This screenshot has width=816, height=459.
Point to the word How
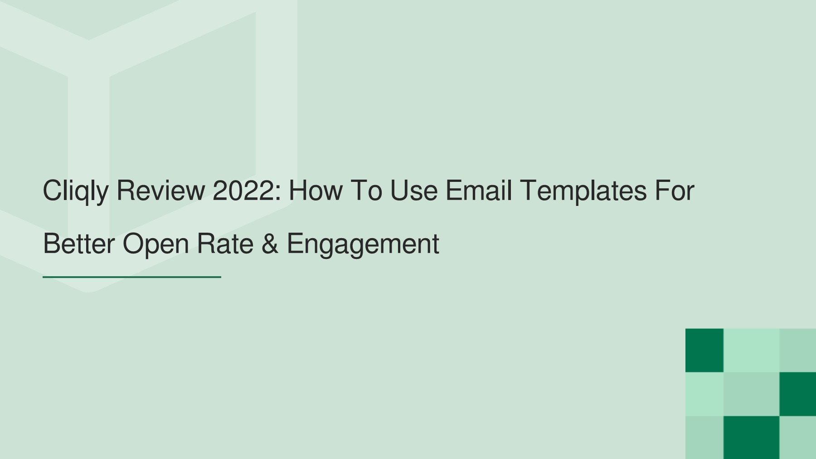[x=316, y=190]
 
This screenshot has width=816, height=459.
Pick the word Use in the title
[x=413, y=190]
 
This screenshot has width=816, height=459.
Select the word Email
[x=479, y=190]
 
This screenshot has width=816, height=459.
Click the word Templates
[x=583, y=191]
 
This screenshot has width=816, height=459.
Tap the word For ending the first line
[x=674, y=190]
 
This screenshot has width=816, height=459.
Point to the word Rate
[x=225, y=244]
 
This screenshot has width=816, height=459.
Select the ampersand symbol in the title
[x=270, y=244]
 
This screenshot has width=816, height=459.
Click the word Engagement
[x=363, y=244]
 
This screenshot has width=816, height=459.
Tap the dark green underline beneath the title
[x=131, y=277]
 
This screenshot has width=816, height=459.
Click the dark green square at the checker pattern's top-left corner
[x=704, y=350]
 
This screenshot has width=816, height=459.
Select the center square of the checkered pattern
[x=751, y=394]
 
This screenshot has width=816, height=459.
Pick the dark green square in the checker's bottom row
[x=751, y=437]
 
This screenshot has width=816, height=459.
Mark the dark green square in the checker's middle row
[x=797, y=394]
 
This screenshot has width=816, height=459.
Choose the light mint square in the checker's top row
[x=751, y=350]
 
